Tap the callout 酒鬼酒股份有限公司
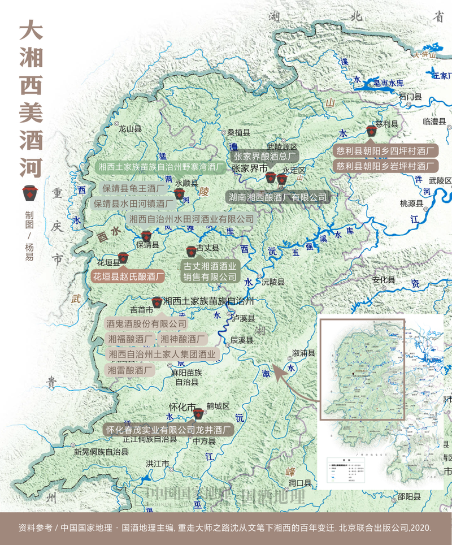click(146, 323)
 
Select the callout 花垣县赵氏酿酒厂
click(128, 278)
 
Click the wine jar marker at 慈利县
click(371, 131)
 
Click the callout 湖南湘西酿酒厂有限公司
click(277, 197)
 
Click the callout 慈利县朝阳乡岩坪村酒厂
click(385, 166)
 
